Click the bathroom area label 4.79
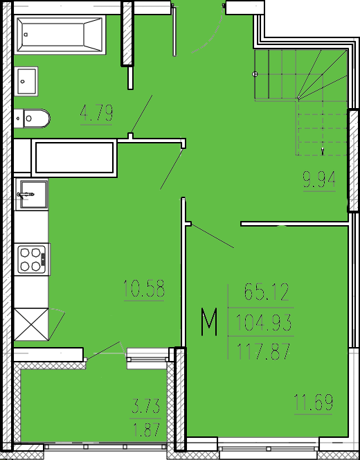[x=96, y=113]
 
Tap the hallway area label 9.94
[x=319, y=179]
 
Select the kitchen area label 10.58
[x=144, y=288]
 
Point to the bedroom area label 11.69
[x=314, y=402]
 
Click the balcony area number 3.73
[x=145, y=407]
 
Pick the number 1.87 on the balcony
[x=147, y=430]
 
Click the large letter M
[x=209, y=321]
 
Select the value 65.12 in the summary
[x=267, y=292]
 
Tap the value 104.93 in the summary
[x=264, y=322]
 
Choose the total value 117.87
[x=263, y=351]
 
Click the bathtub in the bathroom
[x=60, y=35]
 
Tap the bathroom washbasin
[x=26, y=81]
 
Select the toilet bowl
[x=33, y=118]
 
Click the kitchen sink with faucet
[x=32, y=194]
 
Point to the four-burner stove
[x=32, y=259]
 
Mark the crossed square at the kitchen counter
[x=31, y=324]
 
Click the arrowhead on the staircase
[x=323, y=151]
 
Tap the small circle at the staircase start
[x=255, y=74]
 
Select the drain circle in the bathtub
[x=26, y=35]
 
